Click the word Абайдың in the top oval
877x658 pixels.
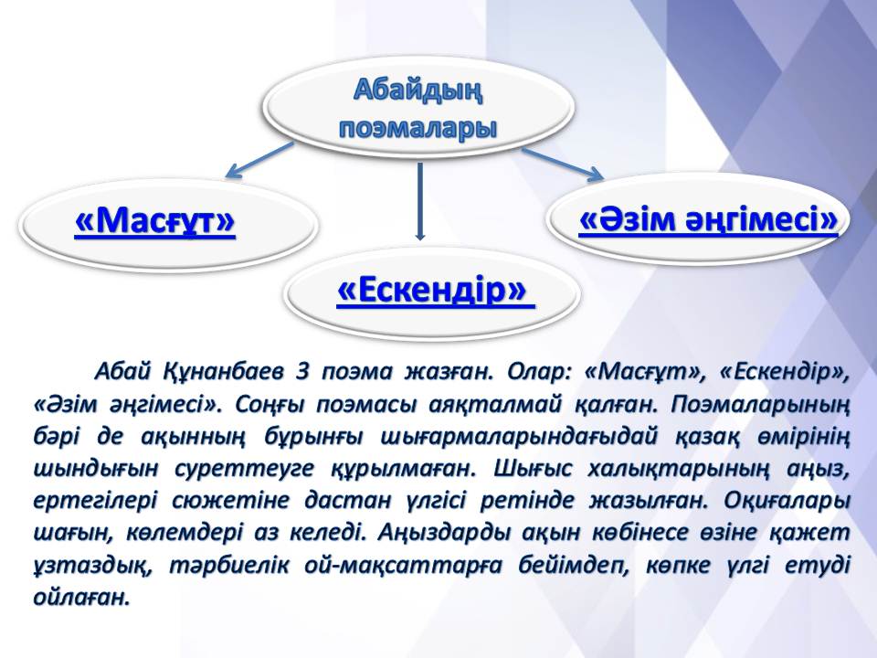click(x=417, y=90)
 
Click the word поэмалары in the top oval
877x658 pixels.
click(x=418, y=129)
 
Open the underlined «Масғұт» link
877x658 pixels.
click(x=155, y=221)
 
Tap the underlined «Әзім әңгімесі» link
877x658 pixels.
click(x=708, y=219)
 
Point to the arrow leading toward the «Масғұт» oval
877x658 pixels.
click(x=259, y=160)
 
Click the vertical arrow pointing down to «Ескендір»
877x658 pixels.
click(x=420, y=201)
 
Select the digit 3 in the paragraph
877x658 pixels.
click(x=302, y=372)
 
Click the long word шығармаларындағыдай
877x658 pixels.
click(x=519, y=437)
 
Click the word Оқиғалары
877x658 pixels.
click(x=787, y=500)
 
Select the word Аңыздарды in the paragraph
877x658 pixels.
click(x=444, y=532)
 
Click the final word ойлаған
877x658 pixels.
click(x=81, y=598)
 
